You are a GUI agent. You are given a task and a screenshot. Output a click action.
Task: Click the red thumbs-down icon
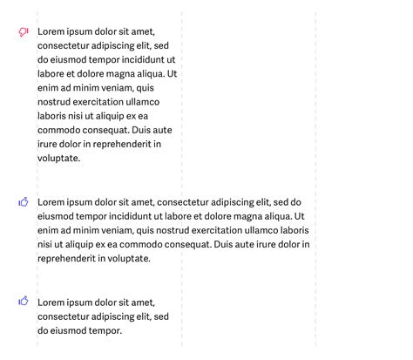[x=24, y=32]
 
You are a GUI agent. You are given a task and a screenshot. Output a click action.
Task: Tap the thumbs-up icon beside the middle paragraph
[x=24, y=202]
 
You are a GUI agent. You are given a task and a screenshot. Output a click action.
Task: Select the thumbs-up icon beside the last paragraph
[x=24, y=302]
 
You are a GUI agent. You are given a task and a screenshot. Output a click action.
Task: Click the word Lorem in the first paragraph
[x=51, y=31]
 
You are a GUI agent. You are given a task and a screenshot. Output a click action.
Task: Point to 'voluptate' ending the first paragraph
[x=58, y=159]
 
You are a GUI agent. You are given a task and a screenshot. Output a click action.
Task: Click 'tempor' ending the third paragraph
[x=106, y=330]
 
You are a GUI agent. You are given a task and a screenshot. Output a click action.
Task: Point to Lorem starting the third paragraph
[x=51, y=302]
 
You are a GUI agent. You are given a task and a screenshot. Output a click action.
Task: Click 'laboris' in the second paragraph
[x=292, y=230]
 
